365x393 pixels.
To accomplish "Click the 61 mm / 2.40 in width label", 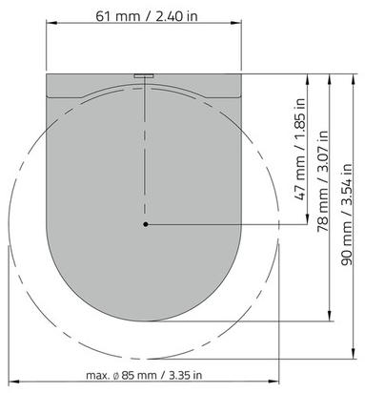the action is (147, 16).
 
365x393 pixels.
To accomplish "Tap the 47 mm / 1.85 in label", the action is (300, 149).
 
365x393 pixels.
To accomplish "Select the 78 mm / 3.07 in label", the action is (323, 180).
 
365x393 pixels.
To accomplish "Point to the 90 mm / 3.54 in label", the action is (346, 214).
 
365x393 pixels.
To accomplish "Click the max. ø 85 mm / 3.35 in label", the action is (144, 375).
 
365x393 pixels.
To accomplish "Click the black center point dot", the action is (146, 224).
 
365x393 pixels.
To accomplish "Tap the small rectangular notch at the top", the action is (144, 76).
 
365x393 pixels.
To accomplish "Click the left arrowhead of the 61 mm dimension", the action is (51, 23).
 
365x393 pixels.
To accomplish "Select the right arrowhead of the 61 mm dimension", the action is (236, 23).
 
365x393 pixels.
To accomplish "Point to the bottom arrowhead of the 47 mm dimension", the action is (307, 218).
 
